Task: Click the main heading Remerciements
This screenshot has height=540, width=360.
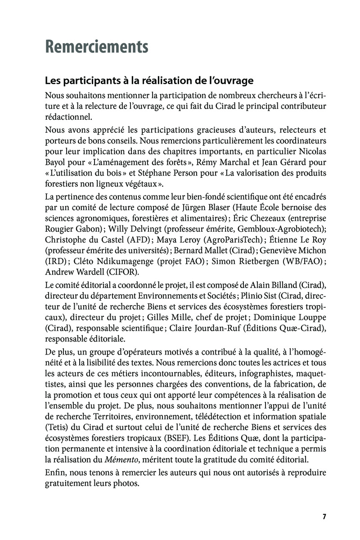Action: [97, 46]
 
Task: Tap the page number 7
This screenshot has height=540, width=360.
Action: [324, 516]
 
